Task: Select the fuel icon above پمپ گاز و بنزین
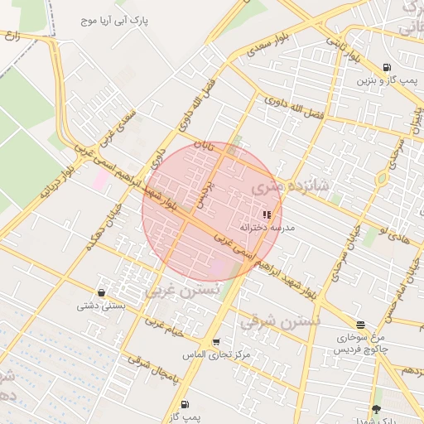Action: [387, 68]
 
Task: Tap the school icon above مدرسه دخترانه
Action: [266, 214]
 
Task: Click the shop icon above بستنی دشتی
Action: [101, 292]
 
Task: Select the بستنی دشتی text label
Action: [100, 305]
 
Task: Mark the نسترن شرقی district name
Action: [268, 320]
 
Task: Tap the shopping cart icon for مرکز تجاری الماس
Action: [216, 342]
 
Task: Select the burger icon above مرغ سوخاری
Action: [360, 325]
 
